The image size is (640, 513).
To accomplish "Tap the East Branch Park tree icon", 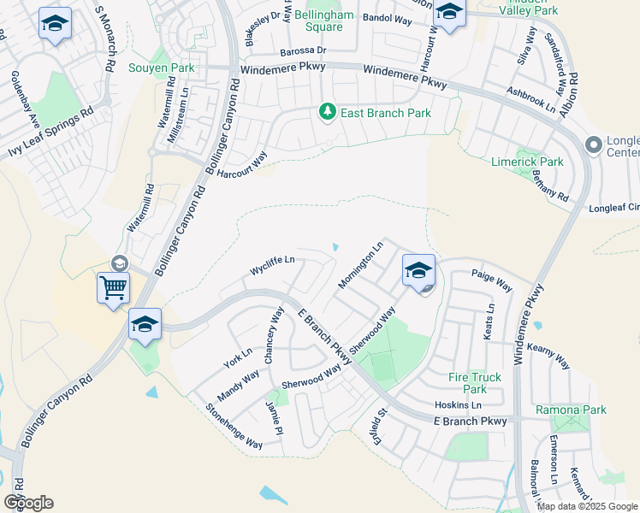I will (x=326, y=112).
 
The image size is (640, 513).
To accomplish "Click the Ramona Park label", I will (x=571, y=410).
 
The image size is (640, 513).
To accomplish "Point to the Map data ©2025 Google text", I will (x=588, y=506).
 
